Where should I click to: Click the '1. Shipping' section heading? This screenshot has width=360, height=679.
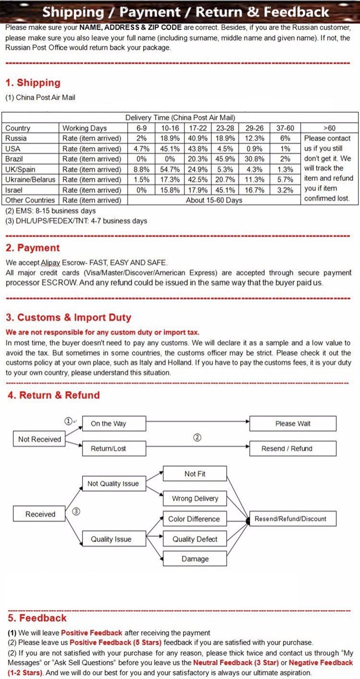click(x=33, y=83)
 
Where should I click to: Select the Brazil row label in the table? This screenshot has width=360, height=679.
click(x=14, y=159)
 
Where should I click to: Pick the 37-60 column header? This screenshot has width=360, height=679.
click(x=285, y=128)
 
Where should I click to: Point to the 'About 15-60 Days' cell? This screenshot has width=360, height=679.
click(x=214, y=200)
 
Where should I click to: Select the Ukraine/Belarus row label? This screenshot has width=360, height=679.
click(x=30, y=179)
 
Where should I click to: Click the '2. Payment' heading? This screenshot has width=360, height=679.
click(x=33, y=248)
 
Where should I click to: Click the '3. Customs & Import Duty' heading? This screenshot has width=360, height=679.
click(x=68, y=318)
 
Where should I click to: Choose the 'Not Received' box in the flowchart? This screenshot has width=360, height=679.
click(x=39, y=439)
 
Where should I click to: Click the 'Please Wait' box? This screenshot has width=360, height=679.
click(x=293, y=424)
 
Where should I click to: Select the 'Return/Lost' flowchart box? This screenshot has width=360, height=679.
click(x=108, y=448)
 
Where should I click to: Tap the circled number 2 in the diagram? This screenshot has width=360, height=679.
click(x=197, y=437)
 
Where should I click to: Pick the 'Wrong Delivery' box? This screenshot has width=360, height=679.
click(x=195, y=498)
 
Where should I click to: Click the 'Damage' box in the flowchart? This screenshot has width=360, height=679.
click(x=195, y=559)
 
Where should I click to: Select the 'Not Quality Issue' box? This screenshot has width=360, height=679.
click(x=113, y=484)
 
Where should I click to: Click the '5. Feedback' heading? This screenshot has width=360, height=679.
click(x=37, y=618)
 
